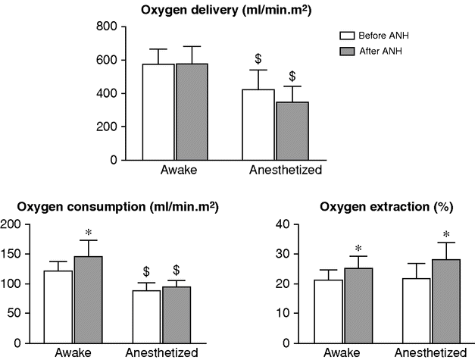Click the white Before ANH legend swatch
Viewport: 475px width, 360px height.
pos(347,35)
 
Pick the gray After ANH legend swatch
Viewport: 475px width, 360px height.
pos(347,50)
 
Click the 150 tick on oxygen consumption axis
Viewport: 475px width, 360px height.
pos(11,254)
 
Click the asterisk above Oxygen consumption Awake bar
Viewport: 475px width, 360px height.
pos(88,232)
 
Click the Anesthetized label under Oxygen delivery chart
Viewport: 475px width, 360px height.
pos(286,171)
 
